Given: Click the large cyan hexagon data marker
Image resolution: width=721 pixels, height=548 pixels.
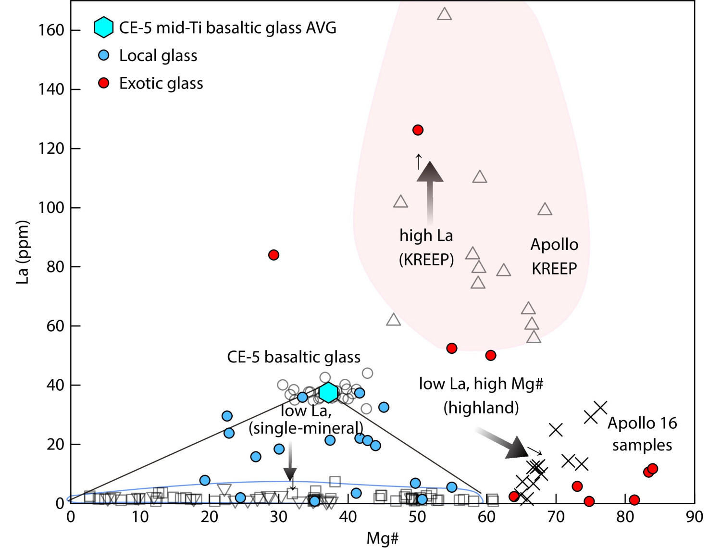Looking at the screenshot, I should coord(328,392).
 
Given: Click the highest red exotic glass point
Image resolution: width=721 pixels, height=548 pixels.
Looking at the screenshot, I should coord(418,130).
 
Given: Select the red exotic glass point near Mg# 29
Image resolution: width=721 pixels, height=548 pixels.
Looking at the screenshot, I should coord(273,255).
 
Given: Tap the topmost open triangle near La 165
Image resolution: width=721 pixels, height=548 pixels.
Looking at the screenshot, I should coord(444,14).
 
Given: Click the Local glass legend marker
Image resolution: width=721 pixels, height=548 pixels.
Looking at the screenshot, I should coord(103,55).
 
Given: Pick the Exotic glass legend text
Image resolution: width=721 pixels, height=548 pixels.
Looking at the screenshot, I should coord(161,83).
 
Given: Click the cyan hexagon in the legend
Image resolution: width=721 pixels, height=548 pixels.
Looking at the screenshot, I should coord(103,27).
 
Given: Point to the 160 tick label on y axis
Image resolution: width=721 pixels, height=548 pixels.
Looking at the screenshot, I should coord(51,30).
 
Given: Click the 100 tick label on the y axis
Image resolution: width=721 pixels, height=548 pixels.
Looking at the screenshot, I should coord(51,208).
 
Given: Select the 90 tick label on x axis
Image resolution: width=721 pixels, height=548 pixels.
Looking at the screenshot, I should coord(694,517).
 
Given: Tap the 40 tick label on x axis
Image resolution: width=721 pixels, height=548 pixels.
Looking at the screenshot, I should coord(348,517).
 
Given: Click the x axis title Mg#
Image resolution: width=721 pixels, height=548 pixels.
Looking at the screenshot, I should coord(382,538).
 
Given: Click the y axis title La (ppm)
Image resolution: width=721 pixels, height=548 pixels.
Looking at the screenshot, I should coord(23,252).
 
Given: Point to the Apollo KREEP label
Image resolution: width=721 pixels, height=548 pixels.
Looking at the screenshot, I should coord(554,256).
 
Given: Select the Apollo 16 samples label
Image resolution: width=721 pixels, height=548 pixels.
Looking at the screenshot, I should coord(642,434).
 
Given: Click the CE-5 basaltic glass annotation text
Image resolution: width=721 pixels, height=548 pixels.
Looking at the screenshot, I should coord(294,357).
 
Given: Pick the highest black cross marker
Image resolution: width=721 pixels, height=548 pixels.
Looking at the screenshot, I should coord(600,408).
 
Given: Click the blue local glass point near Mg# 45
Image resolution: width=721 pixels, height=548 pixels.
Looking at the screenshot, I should coord(384,407).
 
